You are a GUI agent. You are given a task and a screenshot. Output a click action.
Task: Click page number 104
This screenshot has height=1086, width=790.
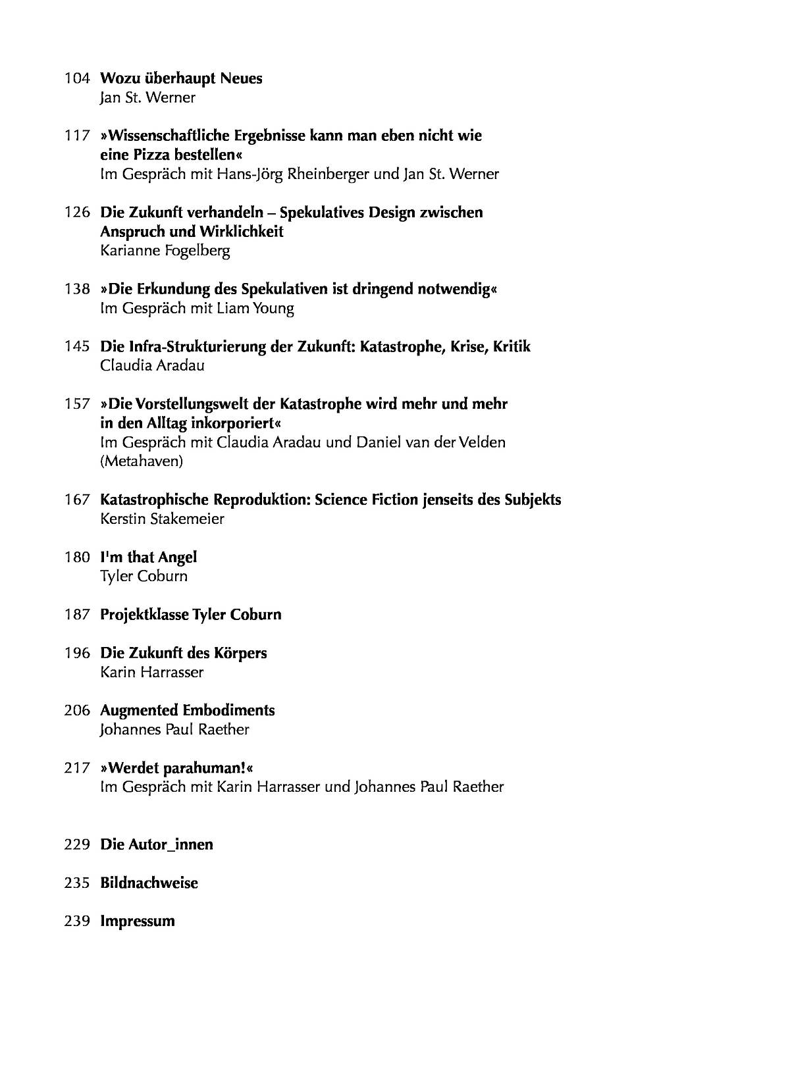pyautogui.click(x=76, y=79)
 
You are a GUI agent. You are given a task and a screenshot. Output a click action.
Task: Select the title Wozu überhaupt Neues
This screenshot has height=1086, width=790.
pyautogui.click(x=181, y=79)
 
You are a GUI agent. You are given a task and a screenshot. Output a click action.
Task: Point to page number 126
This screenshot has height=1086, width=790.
pyautogui.click(x=76, y=213)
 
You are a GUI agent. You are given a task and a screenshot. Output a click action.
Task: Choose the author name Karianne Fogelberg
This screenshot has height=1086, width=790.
pyautogui.click(x=165, y=251)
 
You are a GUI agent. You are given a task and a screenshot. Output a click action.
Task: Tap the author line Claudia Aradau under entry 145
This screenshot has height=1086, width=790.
pyautogui.click(x=152, y=365)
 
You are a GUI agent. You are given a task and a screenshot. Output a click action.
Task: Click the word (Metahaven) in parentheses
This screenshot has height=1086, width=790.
pyautogui.click(x=142, y=461)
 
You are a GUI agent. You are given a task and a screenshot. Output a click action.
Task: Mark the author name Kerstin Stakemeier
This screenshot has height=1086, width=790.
pyautogui.click(x=162, y=519)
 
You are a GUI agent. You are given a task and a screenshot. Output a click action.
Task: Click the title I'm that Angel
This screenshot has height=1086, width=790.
pyautogui.click(x=148, y=557)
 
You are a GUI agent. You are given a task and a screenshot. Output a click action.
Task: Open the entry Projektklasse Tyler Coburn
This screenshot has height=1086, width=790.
pyautogui.click(x=190, y=615)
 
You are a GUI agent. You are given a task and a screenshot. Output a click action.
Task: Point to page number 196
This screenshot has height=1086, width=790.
pyautogui.click(x=76, y=654)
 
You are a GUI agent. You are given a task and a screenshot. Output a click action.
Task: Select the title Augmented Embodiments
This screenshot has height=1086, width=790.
pyautogui.click(x=187, y=711)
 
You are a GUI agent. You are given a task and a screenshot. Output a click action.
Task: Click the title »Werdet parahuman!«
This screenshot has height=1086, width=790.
pyautogui.click(x=176, y=768)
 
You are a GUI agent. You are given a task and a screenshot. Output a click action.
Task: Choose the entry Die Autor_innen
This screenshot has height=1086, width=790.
pyautogui.click(x=156, y=844)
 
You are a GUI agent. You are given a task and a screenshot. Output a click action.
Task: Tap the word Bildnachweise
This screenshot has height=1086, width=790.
pyautogui.click(x=149, y=883)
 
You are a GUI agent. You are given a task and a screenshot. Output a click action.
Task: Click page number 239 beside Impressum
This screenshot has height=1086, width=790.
pyautogui.click(x=76, y=921)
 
